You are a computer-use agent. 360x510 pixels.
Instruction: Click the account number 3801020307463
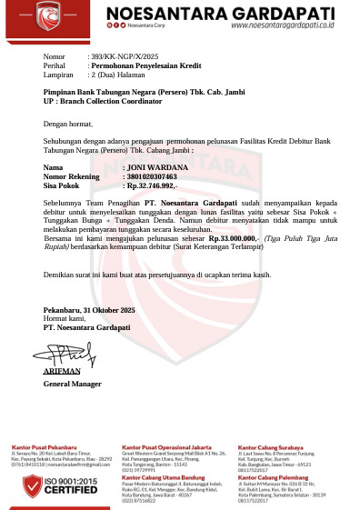point(126,176)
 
